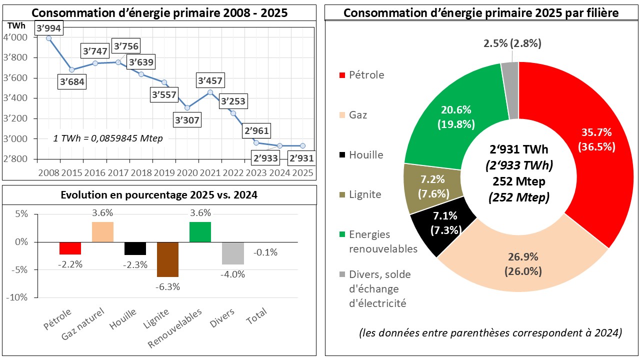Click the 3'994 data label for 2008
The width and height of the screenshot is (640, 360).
[48, 28]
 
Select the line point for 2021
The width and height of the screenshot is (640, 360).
[210, 92]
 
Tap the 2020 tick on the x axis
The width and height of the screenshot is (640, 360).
[186, 172]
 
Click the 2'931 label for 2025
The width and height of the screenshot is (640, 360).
[301, 158]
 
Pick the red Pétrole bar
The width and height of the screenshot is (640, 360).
[70, 248]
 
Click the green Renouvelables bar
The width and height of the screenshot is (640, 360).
[200, 232]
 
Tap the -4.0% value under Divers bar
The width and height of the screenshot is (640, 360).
[233, 274]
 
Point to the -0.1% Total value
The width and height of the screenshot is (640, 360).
[265, 252]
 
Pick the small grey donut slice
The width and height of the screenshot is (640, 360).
[510, 90]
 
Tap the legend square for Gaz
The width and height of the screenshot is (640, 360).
[342, 115]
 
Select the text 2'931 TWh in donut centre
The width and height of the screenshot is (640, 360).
[518, 149]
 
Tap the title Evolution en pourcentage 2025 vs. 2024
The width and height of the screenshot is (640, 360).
[159, 195]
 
